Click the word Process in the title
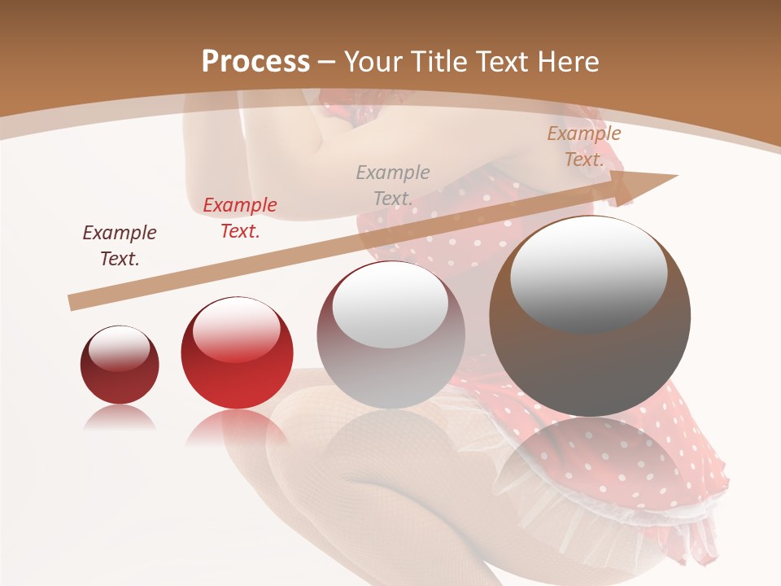coord(255,62)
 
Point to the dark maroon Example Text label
coord(120,246)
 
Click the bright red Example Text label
coord(240,218)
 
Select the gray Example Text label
coord(393,186)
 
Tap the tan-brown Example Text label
coord(584,146)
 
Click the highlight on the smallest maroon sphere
coord(120,350)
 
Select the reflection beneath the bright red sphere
coord(236,426)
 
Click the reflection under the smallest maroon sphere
coord(120,418)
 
